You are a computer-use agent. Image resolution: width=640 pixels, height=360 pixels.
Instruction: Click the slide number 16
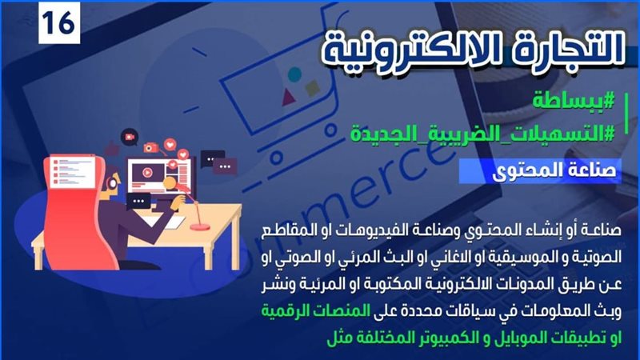[58, 23]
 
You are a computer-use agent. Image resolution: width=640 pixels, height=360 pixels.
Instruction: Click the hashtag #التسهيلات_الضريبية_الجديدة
[482, 133]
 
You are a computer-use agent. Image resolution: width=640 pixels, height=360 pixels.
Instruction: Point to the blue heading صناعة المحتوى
[554, 170]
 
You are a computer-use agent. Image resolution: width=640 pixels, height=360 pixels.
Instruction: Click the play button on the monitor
[147, 173]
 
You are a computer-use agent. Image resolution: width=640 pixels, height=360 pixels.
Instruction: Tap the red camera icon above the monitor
[150, 147]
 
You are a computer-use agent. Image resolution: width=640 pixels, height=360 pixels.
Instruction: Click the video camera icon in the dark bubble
[130, 138]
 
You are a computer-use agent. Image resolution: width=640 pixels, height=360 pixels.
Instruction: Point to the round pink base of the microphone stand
[200, 226]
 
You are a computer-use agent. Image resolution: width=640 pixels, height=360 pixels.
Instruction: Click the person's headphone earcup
[111, 184]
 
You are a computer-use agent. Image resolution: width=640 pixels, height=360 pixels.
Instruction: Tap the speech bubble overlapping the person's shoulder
[138, 202]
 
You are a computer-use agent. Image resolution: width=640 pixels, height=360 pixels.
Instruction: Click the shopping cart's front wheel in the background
[277, 158]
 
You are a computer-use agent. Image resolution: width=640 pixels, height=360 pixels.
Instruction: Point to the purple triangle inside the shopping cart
[289, 96]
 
